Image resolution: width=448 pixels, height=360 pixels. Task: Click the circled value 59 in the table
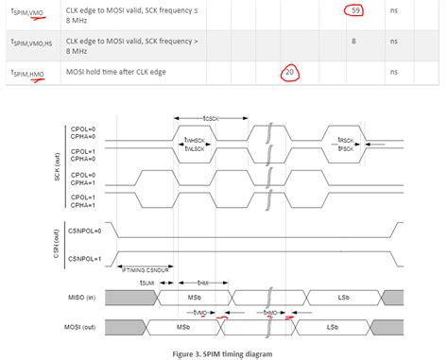tap(356, 10)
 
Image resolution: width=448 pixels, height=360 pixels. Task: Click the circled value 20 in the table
tap(292, 73)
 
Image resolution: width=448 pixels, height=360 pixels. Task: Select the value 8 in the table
tap(353, 42)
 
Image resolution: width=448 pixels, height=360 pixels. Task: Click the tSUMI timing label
tap(147, 282)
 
